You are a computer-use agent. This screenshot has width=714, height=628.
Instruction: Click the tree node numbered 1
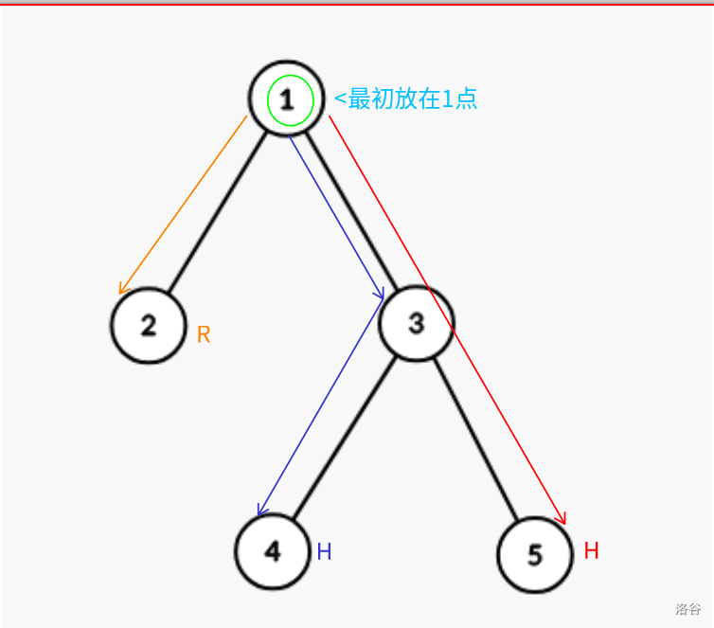point(286,99)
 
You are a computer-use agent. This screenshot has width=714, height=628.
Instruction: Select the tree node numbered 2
point(149,326)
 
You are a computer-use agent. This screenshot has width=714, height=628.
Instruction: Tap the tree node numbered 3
point(417,324)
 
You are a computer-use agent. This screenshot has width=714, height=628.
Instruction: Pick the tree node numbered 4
point(273,551)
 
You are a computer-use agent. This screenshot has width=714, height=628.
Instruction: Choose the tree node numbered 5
point(535,555)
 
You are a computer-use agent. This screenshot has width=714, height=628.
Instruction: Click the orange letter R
point(204,334)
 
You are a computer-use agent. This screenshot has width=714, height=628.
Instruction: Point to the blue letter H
point(324,551)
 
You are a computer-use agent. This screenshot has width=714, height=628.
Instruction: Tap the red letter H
point(591,550)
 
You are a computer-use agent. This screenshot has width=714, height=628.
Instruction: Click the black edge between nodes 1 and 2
point(217,212)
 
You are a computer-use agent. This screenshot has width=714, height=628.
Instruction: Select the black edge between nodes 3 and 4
point(345,439)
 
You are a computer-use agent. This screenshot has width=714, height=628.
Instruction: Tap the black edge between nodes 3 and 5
point(475,439)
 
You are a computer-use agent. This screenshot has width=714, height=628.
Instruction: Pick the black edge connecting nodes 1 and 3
point(351,210)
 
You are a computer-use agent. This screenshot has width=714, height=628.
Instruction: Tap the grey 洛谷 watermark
point(688,609)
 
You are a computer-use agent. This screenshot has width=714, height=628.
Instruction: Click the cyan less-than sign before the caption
point(340,99)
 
